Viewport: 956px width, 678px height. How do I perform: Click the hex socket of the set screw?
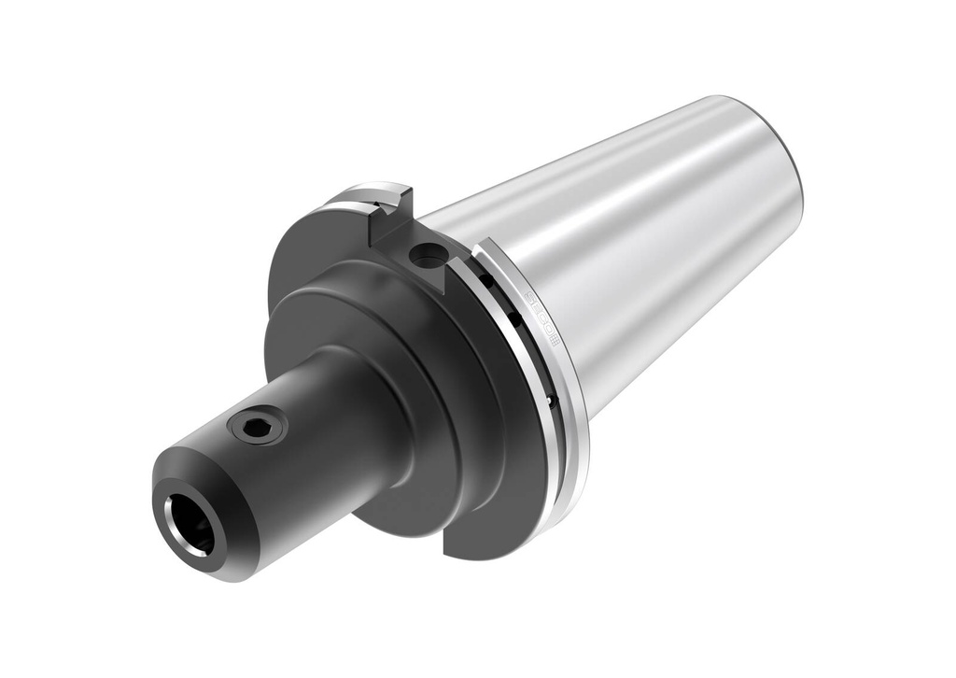click(x=258, y=428)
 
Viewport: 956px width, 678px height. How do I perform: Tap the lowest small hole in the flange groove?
click(x=550, y=401)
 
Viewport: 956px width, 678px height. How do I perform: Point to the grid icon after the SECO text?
click(x=552, y=340)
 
